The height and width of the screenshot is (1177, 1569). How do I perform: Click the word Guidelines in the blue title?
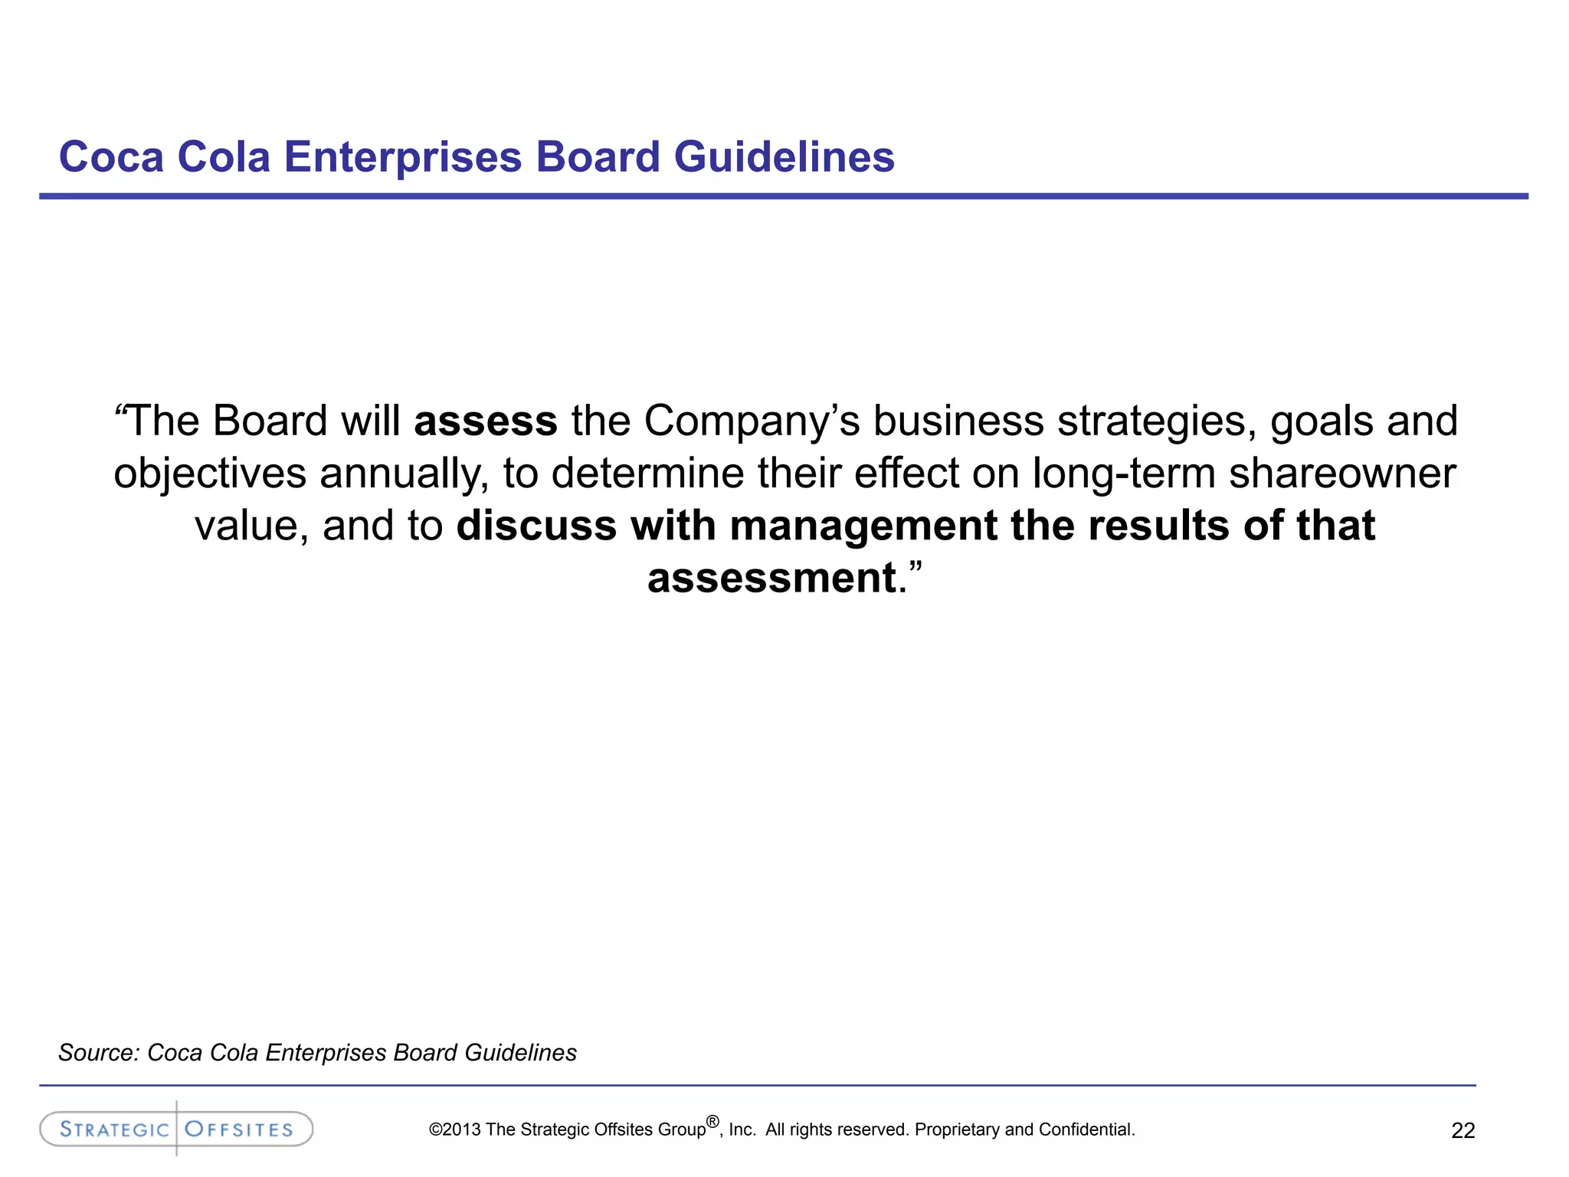[x=784, y=157]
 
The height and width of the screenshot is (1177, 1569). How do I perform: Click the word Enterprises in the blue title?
[x=403, y=157]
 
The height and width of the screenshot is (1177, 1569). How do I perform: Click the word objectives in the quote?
[x=210, y=473]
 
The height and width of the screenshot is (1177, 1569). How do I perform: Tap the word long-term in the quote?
[x=1124, y=473]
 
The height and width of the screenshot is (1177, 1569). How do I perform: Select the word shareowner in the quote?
[x=1342, y=473]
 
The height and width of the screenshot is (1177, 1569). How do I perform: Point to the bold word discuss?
[x=536, y=526]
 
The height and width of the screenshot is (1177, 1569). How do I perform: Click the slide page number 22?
[x=1463, y=1131]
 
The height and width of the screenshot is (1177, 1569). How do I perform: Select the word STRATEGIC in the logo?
[x=114, y=1129]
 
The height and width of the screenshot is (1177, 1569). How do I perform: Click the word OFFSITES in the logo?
[x=239, y=1129]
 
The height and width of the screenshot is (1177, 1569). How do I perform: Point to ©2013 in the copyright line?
[x=455, y=1129]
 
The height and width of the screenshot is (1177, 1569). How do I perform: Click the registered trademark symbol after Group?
[x=712, y=1122]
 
